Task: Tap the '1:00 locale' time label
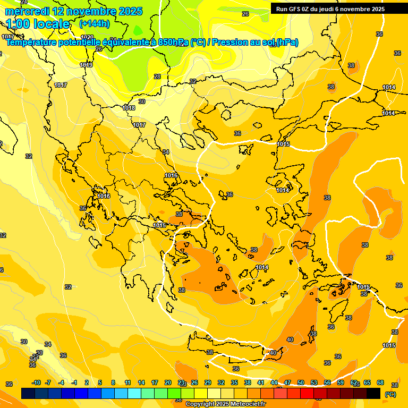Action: click(x=38, y=24)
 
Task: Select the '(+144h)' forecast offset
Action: click(x=94, y=23)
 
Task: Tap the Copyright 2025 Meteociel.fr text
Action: click(x=225, y=404)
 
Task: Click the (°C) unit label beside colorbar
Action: click(x=390, y=394)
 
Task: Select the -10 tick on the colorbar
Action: click(x=36, y=383)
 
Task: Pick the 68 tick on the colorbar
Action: click(x=380, y=383)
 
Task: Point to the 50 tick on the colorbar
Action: click(x=301, y=383)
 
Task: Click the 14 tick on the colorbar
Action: click(x=141, y=383)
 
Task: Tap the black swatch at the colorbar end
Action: click(x=373, y=394)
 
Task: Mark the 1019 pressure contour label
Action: click(x=86, y=65)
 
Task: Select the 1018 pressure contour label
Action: click(x=129, y=108)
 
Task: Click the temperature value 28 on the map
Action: click(x=157, y=76)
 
